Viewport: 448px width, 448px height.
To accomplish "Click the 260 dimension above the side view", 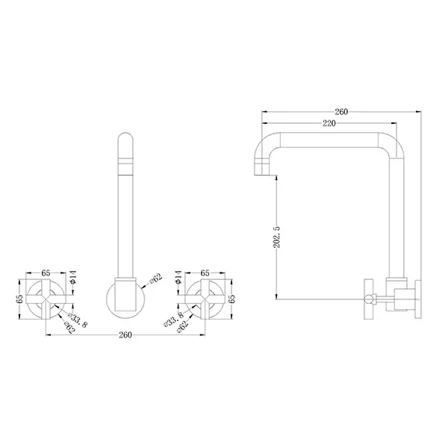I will pyautogui.click(x=341, y=112).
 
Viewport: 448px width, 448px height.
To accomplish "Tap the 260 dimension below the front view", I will pyautogui.click(x=125, y=335).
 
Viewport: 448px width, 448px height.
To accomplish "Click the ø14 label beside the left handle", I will pyautogui.click(x=72, y=279).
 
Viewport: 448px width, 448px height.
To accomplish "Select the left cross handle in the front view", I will pyautogui.click(x=46, y=298).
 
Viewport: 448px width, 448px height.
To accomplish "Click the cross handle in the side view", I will pyautogui.click(x=368, y=298).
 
